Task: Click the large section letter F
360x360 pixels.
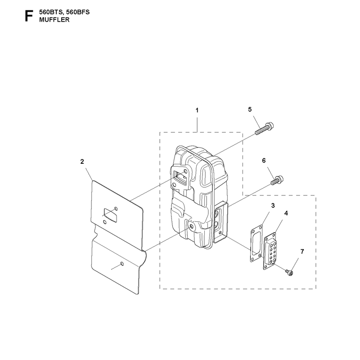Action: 29,16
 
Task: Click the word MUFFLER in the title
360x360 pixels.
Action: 54,20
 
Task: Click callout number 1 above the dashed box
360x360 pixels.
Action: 197,110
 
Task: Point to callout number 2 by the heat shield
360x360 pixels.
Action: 82,162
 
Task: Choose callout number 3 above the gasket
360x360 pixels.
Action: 273,206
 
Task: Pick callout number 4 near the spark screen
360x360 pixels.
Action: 286,213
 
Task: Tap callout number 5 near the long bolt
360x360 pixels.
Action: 250,109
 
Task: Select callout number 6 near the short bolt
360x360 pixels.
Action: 264,161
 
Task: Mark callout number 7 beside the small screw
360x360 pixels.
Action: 302,252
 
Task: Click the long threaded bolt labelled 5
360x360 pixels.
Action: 264,129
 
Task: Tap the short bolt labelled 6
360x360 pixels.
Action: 277,180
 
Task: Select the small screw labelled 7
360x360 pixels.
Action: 289,273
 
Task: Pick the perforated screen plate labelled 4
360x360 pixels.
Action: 270,251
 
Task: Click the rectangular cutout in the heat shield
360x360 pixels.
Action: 111,216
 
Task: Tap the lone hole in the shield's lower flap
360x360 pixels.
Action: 122,264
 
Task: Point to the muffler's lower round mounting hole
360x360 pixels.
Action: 191,227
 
